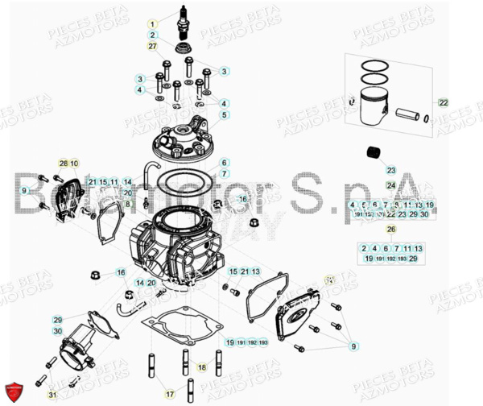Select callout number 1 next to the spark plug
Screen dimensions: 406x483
[151, 24]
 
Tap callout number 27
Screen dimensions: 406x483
[151, 48]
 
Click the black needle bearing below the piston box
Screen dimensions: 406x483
[372, 151]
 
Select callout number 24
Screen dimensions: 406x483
[391, 185]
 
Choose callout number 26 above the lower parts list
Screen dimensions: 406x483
[391, 229]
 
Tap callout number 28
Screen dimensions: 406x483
[64, 164]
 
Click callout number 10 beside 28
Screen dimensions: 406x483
[75, 164]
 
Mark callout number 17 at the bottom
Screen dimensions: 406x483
[170, 394]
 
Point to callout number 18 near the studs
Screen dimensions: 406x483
[202, 367]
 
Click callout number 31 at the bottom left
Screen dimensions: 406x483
[52, 394]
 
